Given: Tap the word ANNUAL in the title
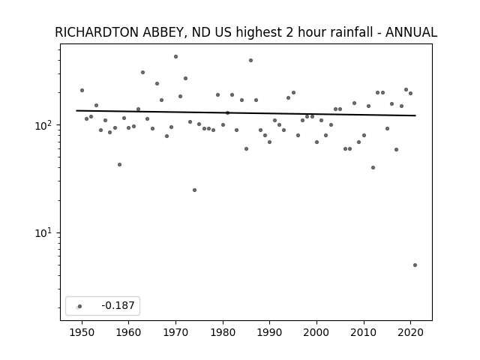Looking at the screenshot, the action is coord(411,32).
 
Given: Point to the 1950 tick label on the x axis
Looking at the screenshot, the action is coord(82,332).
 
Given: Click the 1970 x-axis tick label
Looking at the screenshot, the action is coord(175,332).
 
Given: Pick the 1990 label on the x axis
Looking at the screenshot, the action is coord(270,332).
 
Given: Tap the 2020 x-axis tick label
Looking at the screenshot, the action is coord(410,332).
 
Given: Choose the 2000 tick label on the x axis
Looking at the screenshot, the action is coord(316,332).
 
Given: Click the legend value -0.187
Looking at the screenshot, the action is coord(118,305).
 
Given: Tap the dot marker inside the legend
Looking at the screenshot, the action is coord(79,306).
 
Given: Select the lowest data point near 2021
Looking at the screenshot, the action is coord(415,265).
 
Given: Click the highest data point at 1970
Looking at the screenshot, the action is coord(175,57).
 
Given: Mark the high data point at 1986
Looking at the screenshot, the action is coord(250,60).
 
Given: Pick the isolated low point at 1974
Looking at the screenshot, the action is coord(194,190).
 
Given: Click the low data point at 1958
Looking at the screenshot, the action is coord(119,165).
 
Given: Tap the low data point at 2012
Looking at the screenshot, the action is coord(373,168).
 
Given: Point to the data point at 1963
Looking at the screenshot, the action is coord(142,73).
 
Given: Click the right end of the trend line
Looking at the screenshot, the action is coord(415,115).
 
